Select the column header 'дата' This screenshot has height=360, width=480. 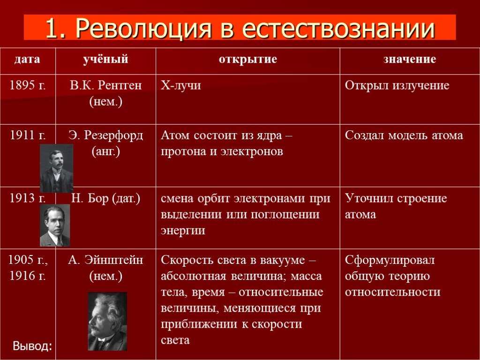[x=27, y=59]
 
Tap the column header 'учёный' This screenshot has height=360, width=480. [x=105, y=59]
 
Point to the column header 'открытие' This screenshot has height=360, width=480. [x=248, y=59]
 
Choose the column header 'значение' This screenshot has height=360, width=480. [x=410, y=59]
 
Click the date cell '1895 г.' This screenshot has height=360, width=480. [x=28, y=85]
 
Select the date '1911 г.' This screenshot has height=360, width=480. [x=28, y=135]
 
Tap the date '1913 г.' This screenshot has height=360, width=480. [x=28, y=198]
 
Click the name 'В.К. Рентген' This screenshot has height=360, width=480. [x=105, y=85]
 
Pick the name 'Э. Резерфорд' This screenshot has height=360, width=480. [x=105, y=135]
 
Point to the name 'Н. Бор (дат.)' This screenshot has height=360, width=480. [x=105, y=199]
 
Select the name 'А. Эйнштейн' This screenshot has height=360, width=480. [x=105, y=260]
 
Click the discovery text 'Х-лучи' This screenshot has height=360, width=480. [x=181, y=85]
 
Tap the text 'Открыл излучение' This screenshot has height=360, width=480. [x=397, y=85]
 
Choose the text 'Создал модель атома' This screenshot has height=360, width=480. [x=404, y=135]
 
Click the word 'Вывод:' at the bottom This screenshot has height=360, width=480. [x=32, y=346]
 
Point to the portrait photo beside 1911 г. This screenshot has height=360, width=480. [x=57, y=168]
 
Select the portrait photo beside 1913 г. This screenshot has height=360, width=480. [x=55, y=225]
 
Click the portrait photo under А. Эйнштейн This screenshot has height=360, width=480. [x=107, y=322]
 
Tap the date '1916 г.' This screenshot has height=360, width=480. [x=28, y=276]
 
